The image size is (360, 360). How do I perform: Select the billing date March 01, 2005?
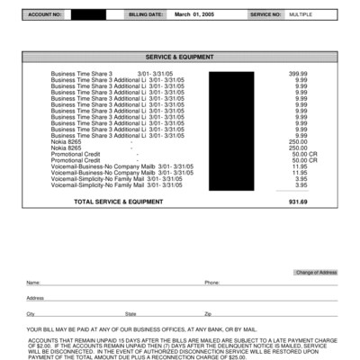click(x=194, y=15)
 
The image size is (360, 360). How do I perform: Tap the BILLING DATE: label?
click(x=146, y=15)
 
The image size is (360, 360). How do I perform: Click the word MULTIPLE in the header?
click(x=300, y=15)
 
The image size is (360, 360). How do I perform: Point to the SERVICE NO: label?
click(x=265, y=15)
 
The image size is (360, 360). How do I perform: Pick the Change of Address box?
click(x=315, y=272)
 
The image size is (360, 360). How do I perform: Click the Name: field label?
click(x=33, y=283)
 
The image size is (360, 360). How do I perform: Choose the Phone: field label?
click(x=212, y=283)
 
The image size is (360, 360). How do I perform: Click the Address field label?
click(x=36, y=298)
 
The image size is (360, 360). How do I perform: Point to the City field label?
click(x=31, y=313)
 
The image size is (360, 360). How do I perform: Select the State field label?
click(x=130, y=313)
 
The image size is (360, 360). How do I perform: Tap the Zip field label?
click(x=208, y=313)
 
